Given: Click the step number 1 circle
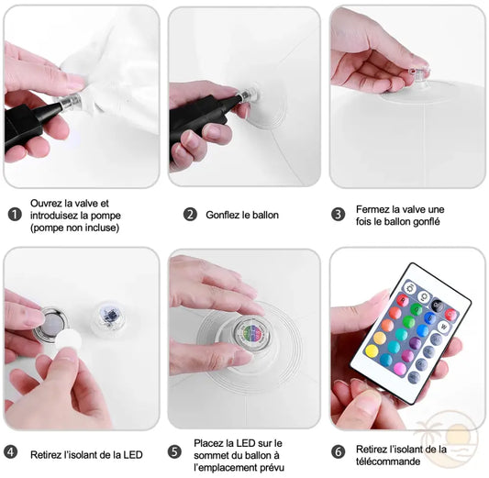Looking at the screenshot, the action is click(x=15, y=215).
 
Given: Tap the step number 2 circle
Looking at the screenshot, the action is click(x=190, y=215).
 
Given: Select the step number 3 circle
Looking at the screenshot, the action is click(x=338, y=215).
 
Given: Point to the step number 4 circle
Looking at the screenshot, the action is click(x=11, y=451).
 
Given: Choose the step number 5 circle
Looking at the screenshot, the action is click(x=174, y=451).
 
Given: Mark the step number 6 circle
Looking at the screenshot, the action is click(x=338, y=451).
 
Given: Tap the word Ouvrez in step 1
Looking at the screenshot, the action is click(x=46, y=204).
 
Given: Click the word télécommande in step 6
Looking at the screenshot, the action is click(x=388, y=461).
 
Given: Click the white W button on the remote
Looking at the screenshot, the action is click(x=443, y=327).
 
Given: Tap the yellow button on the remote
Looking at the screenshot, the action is click(x=372, y=350).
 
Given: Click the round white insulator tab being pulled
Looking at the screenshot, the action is click(x=68, y=339).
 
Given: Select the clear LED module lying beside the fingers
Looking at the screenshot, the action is click(x=106, y=317).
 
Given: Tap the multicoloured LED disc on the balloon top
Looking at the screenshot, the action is click(x=251, y=332).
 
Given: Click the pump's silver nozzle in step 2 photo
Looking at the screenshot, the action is click(x=249, y=94).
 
